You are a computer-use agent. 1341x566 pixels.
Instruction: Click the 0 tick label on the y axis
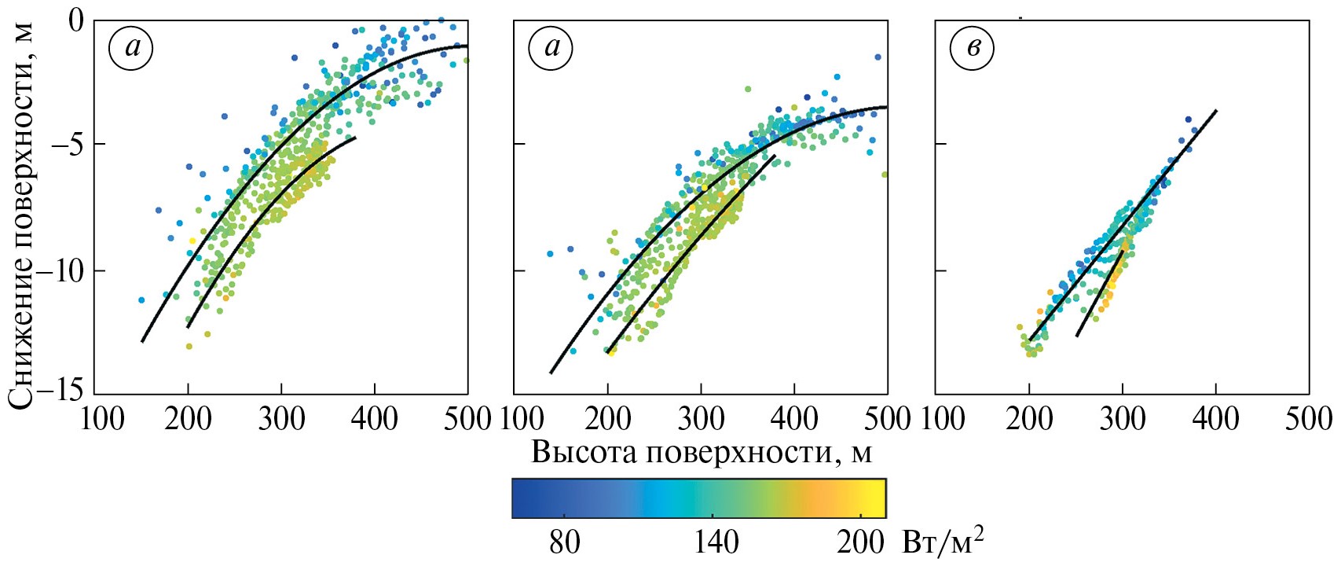click(x=75, y=19)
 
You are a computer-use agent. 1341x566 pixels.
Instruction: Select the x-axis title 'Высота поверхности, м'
click(x=702, y=453)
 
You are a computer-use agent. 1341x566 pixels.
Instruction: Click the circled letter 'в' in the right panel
click(x=972, y=49)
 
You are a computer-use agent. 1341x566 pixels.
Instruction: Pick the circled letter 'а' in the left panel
click(x=131, y=49)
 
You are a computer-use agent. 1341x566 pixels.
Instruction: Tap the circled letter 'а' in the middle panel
click(x=551, y=49)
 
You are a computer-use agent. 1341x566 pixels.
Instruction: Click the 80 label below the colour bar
click(x=564, y=542)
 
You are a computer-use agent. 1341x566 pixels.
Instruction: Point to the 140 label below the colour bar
click(x=716, y=542)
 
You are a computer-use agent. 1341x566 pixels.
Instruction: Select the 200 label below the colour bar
click(x=860, y=542)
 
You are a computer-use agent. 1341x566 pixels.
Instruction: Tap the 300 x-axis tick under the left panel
click(x=281, y=419)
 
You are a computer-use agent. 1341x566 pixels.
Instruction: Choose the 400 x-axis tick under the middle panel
click(x=793, y=419)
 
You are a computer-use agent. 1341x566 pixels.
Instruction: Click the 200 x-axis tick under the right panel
click(x=1029, y=419)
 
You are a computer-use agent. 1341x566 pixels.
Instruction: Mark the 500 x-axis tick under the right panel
click(x=1308, y=419)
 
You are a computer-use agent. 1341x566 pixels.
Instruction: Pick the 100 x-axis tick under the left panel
click(x=103, y=419)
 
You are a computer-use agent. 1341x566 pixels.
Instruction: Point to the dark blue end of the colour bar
click(x=520, y=498)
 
